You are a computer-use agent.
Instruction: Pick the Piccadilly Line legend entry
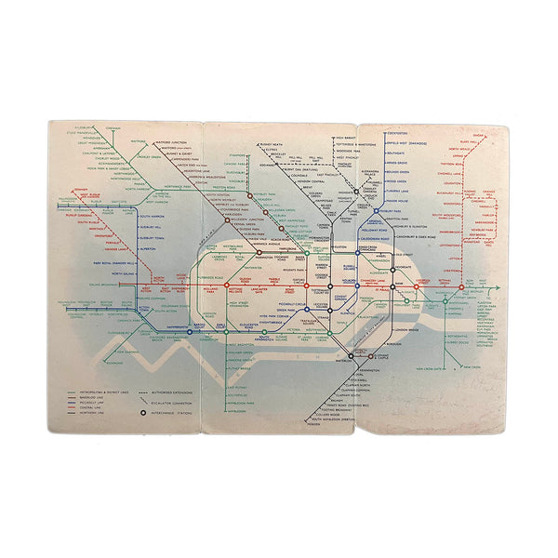point(93,405)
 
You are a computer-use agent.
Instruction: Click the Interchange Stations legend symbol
point(142,412)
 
